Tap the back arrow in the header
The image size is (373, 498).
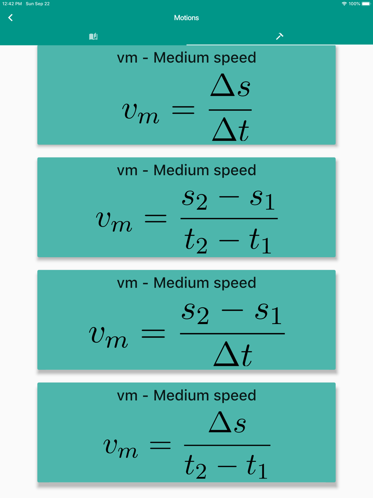(10, 18)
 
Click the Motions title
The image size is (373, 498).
(186, 18)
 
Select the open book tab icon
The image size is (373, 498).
(93, 36)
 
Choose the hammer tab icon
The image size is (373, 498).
(280, 36)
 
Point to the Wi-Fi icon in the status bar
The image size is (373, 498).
(344, 4)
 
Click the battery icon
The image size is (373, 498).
(366, 4)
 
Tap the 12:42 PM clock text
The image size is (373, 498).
(12, 4)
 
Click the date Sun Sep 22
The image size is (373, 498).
(38, 4)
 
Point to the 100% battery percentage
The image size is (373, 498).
(354, 4)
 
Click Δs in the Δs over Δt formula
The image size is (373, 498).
(230, 85)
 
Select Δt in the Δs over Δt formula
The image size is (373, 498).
(231, 129)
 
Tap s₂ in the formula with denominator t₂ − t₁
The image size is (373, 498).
(195, 199)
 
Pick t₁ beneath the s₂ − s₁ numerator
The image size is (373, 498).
(260, 241)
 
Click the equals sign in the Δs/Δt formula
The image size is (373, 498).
(183, 110)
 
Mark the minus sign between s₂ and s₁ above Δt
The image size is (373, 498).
(232, 310)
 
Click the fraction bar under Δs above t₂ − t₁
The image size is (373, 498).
(227, 445)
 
